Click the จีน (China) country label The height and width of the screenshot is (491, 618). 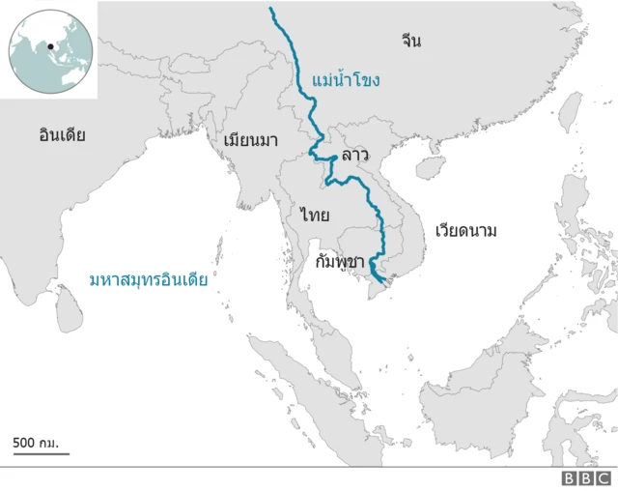coord(412,41)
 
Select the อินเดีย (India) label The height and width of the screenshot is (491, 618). coord(63,135)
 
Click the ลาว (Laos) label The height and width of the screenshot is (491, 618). coord(354,155)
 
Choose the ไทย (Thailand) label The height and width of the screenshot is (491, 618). coord(315,214)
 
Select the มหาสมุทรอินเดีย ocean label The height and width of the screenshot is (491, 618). coord(149,280)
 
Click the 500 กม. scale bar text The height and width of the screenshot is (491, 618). coord(36,443)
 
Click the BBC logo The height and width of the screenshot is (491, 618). coord(587,477)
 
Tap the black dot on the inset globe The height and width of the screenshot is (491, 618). coord(49,44)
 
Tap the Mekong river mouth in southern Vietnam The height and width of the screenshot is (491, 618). coord(384,281)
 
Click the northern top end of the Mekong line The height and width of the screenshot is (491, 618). coord(271,9)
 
